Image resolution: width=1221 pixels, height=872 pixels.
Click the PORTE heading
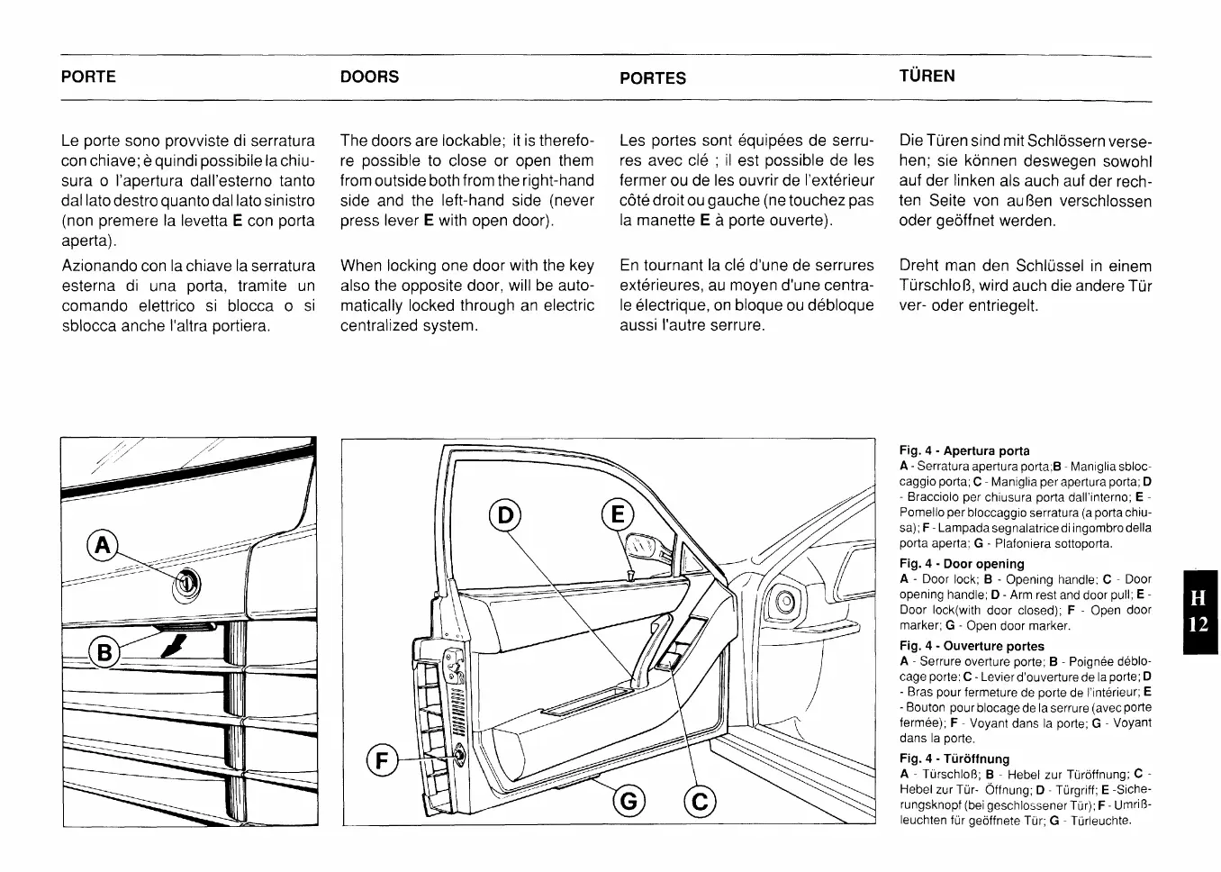pyautogui.click(x=88, y=77)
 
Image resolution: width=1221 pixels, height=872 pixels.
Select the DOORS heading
pyautogui.click(x=369, y=77)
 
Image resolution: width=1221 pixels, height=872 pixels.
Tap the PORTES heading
pyautogui.click(x=653, y=78)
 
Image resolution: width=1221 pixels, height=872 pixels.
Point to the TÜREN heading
pyautogui.click(x=927, y=76)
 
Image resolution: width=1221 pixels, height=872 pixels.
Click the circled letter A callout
pyautogui.click(x=103, y=545)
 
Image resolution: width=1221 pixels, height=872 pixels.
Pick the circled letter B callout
pyautogui.click(x=104, y=651)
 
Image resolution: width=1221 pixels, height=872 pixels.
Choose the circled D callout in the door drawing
pyautogui.click(x=504, y=515)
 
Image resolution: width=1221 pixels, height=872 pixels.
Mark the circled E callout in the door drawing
pyautogui.click(x=618, y=515)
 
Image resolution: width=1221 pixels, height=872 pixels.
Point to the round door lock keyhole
pyautogui.click(x=186, y=585)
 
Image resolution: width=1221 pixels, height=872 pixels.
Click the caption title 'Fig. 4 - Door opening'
pyautogui.click(x=962, y=564)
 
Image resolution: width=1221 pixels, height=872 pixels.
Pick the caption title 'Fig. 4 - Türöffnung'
pyautogui.click(x=954, y=758)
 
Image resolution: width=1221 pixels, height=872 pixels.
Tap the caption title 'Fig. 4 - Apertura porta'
pyautogui.click(x=964, y=450)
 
